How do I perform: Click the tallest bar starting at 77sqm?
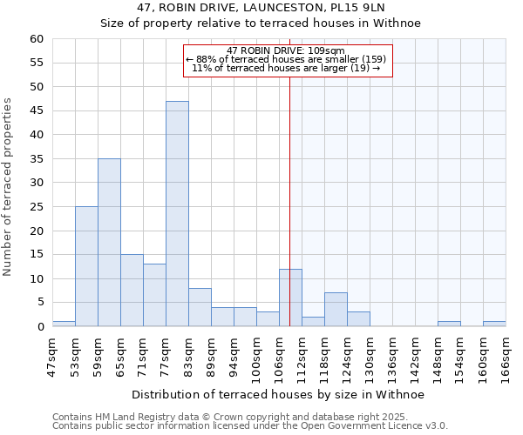[177, 214]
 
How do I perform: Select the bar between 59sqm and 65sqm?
[109, 243]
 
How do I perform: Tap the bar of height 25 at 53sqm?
[86, 266]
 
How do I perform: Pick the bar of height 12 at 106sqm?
[290, 298]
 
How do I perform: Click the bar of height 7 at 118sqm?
[336, 310]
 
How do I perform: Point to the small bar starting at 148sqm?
[449, 324]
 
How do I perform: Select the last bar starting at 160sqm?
[494, 324]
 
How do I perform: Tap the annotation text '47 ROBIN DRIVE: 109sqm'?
[285, 50]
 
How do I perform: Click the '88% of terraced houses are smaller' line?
[285, 59]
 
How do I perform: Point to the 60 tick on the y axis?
[36, 39]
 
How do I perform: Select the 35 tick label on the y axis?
[36, 159]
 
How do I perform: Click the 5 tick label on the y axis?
[39, 303]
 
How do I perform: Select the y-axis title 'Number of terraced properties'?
[8, 186]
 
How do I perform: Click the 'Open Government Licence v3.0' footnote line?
[250, 425]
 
